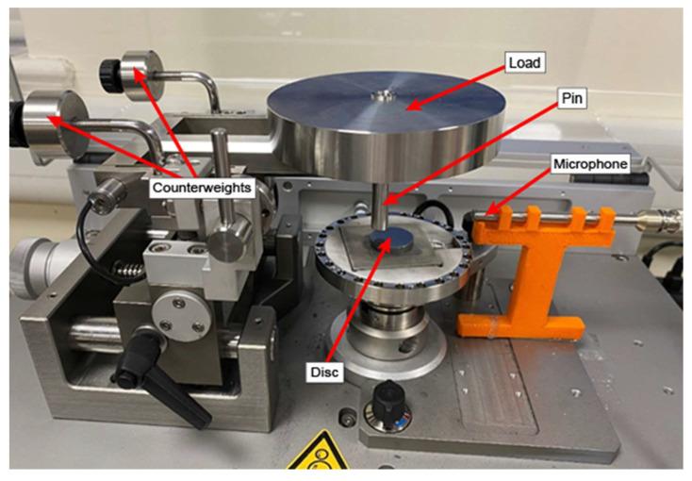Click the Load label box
[x=525, y=63]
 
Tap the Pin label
[x=572, y=98]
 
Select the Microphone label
[x=590, y=164]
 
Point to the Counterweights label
[x=202, y=188]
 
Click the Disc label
[x=324, y=372]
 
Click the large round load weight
[x=386, y=125]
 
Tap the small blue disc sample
[x=391, y=240]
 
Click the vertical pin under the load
[x=380, y=205]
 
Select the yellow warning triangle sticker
[x=321, y=453]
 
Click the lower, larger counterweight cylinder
[x=53, y=124]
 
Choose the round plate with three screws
[x=181, y=316]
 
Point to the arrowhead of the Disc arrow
[x=388, y=241]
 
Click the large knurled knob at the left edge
[x=31, y=269]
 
